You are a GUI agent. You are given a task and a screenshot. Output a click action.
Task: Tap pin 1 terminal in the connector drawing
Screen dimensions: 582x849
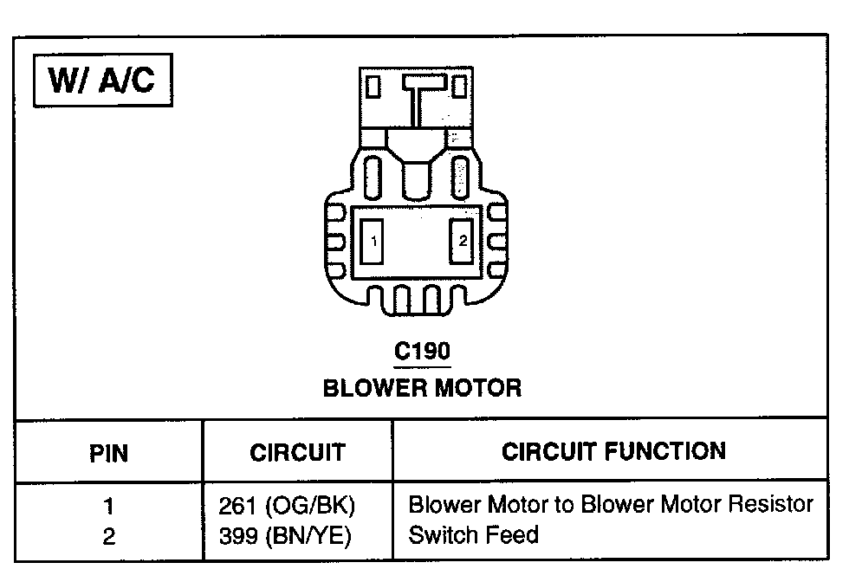tap(373, 242)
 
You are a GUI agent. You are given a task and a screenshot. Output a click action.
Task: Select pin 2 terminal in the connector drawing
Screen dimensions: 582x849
tap(463, 242)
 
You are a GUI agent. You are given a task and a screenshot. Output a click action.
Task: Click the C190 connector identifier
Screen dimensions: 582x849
tap(422, 352)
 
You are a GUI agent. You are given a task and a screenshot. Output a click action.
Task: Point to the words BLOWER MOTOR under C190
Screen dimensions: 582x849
tap(422, 387)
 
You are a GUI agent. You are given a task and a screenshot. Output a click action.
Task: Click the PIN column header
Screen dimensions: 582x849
tap(109, 452)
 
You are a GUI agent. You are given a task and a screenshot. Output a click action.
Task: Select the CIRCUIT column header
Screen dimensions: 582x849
tap(297, 452)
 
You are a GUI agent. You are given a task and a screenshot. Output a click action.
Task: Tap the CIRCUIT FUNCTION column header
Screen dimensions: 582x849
tap(613, 450)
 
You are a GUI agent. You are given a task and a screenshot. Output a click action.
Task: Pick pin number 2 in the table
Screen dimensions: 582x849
tap(109, 536)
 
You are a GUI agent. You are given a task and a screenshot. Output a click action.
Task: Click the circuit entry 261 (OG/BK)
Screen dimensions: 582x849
tap(288, 505)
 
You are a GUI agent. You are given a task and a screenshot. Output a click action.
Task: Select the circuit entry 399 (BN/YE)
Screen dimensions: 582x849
tap(288, 536)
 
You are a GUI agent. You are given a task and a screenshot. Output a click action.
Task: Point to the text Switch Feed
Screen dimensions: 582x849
tap(472, 535)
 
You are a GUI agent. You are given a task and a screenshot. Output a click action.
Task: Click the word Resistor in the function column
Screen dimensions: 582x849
tap(769, 504)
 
